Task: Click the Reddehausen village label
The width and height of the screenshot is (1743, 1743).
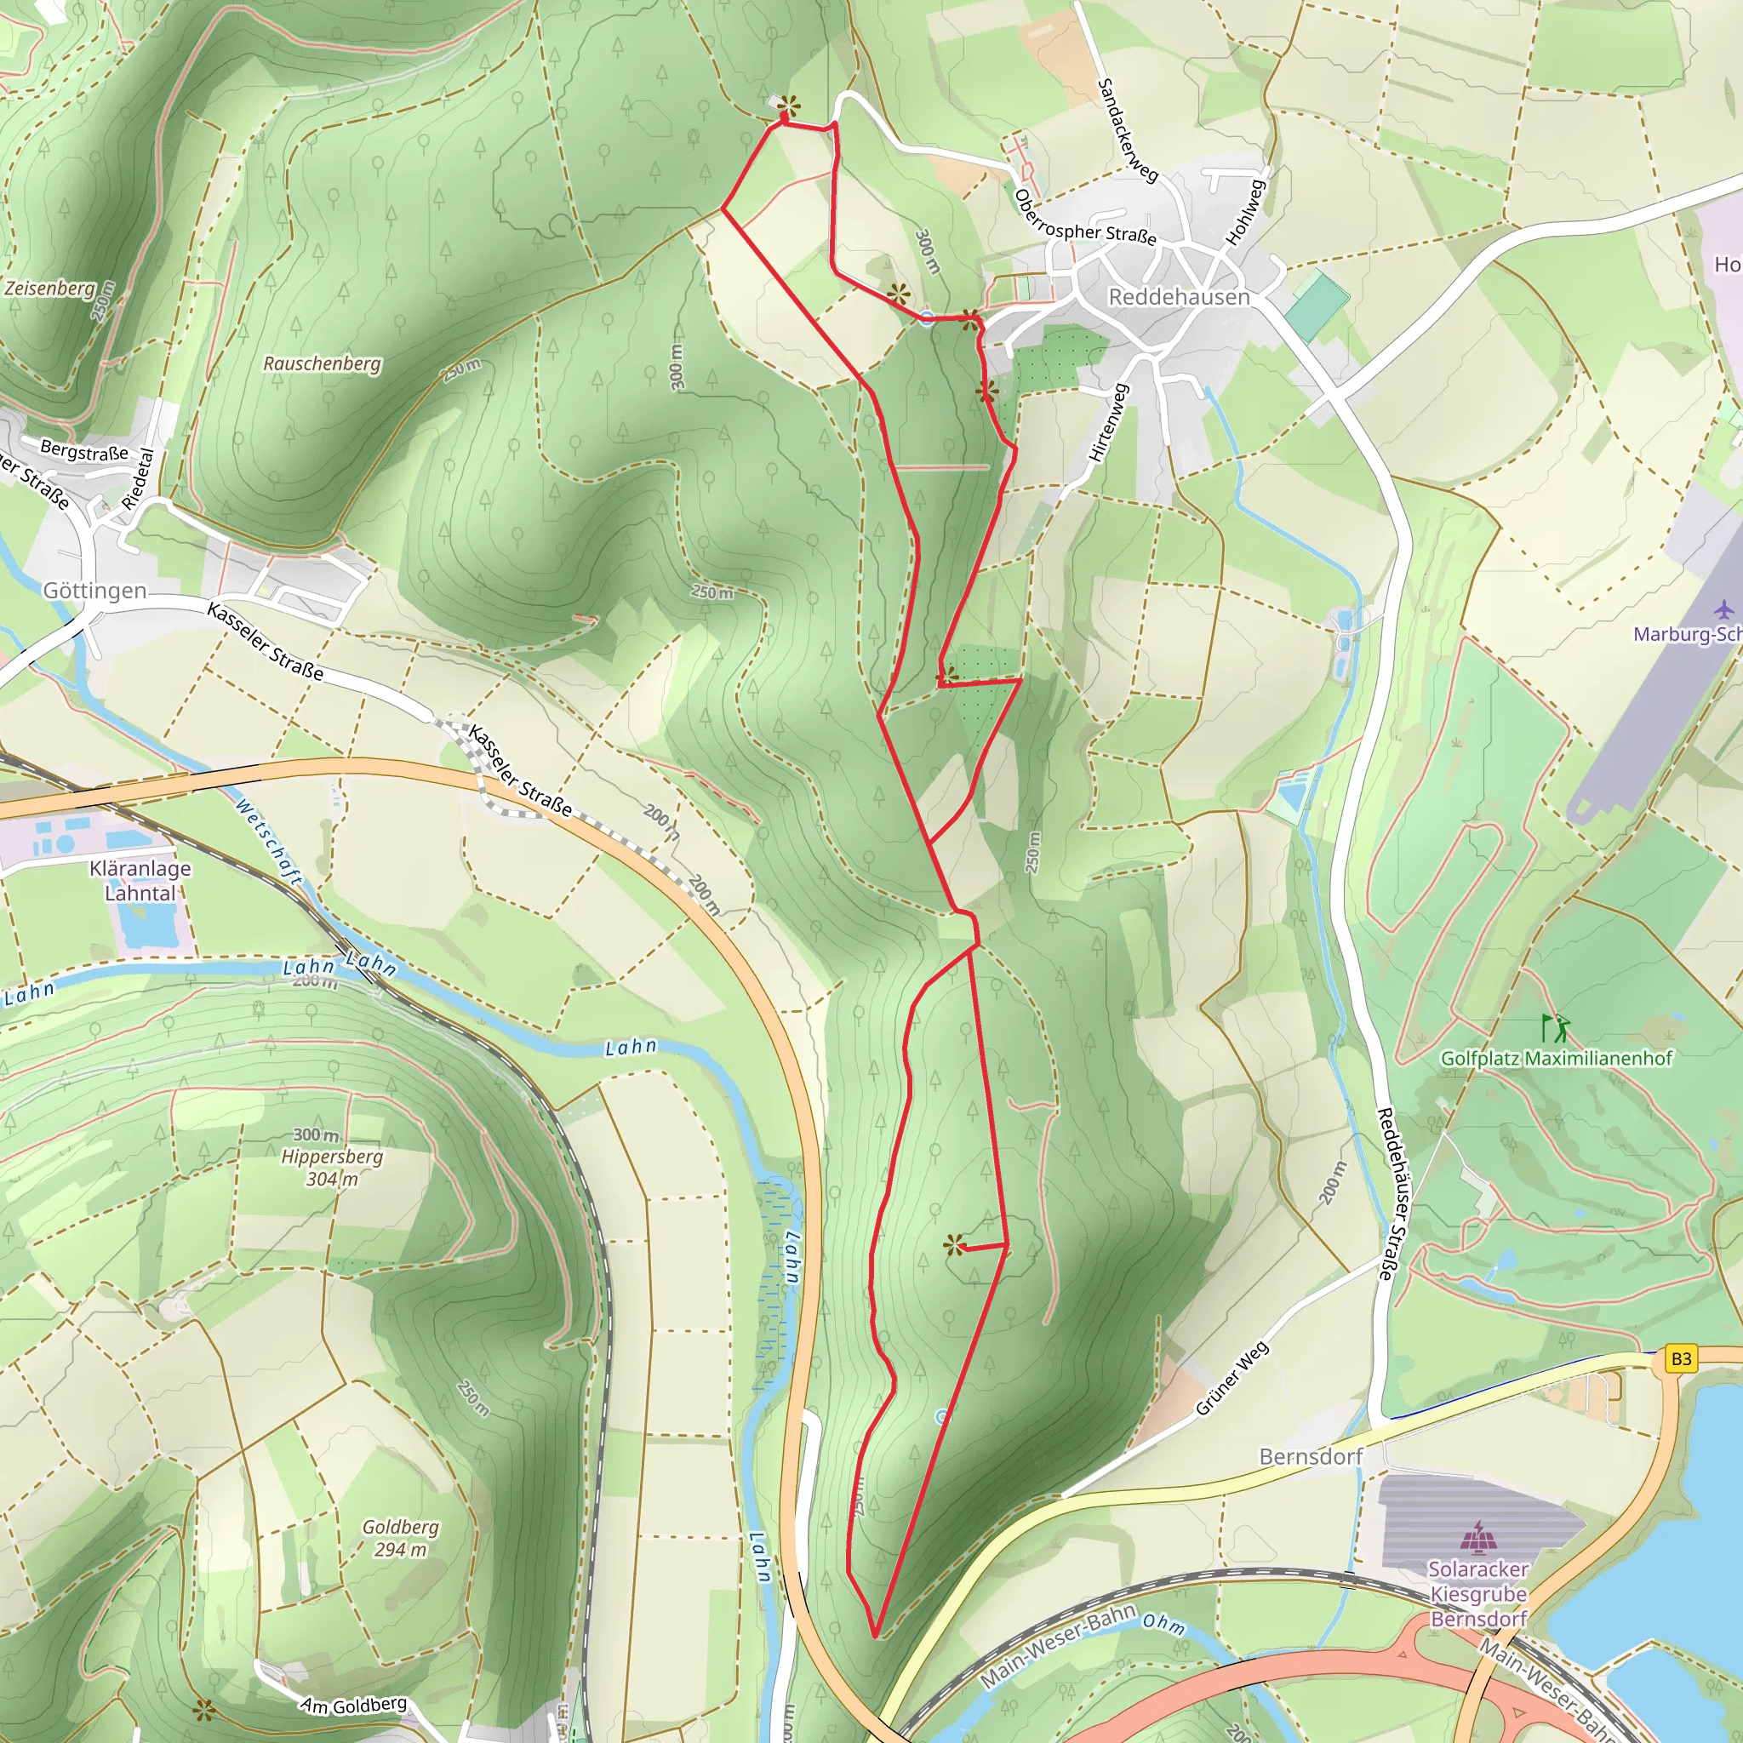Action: click(x=1178, y=297)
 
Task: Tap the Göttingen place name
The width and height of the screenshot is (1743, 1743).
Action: click(x=94, y=591)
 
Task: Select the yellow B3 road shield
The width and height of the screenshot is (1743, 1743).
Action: click(x=1681, y=1358)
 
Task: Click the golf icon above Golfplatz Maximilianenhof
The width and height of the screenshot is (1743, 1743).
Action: click(x=1557, y=1027)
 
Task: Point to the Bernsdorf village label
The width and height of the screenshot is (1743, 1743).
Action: click(x=1310, y=1457)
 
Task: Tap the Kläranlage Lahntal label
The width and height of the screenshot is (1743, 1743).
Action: click(x=140, y=881)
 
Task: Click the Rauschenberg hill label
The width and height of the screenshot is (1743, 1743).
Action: click(x=321, y=363)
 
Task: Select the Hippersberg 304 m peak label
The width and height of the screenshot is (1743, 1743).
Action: click(x=331, y=1157)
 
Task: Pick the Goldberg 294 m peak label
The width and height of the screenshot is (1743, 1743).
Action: click(x=401, y=1538)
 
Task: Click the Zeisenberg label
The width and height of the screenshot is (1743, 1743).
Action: click(x=49, y=289)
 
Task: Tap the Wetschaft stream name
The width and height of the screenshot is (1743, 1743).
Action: click(x=268, y=840)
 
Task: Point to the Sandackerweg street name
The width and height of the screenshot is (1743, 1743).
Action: click(x=1127, y=130)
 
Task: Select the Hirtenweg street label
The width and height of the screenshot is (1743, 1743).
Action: click(x=1109, y=423)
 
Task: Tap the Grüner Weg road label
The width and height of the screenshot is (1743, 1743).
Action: click(x=1232, y=1379)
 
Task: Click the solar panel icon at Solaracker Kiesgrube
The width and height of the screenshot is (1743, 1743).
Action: click(x=1477, y=1537)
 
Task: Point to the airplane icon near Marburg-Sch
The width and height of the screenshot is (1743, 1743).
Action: click(x=1723, y=609)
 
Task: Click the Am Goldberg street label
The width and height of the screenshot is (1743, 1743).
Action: click(x=354, y=1705)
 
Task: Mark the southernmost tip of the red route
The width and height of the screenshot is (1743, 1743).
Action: click(x=875, y=1636)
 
